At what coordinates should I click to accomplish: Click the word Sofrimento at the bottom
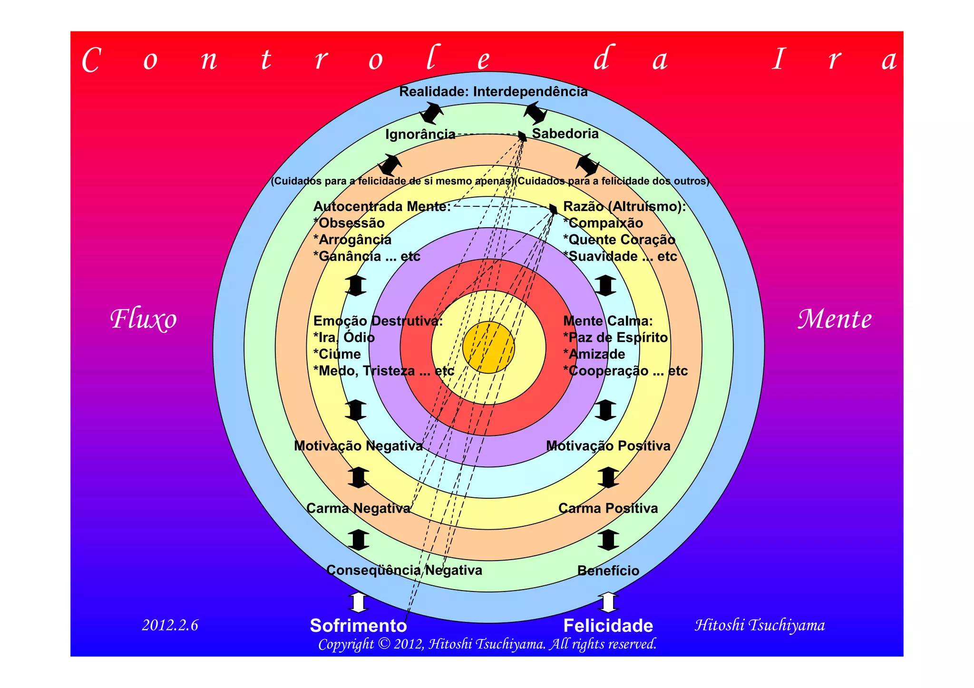358,626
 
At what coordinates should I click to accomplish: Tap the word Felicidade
608,626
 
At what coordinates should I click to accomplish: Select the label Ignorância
420,135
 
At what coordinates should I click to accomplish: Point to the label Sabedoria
565,134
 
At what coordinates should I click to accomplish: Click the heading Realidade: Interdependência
493,92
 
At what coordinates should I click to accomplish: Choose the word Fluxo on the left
144,319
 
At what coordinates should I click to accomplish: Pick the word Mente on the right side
835,319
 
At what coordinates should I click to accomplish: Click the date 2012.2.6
170,625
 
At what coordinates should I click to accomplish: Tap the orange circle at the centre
488,348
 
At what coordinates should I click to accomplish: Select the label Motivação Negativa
358,446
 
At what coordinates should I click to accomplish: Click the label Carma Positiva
608,508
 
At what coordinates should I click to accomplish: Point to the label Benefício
608,571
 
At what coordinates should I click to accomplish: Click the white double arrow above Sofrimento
358,602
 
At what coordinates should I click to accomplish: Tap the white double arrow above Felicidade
608,602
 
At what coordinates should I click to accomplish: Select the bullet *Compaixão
603,223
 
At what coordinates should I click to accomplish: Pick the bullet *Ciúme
337,354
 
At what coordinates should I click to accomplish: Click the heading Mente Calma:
608,321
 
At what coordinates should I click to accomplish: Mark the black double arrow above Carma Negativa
358,477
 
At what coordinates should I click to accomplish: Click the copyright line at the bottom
487,644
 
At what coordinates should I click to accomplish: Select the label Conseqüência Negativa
404,570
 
